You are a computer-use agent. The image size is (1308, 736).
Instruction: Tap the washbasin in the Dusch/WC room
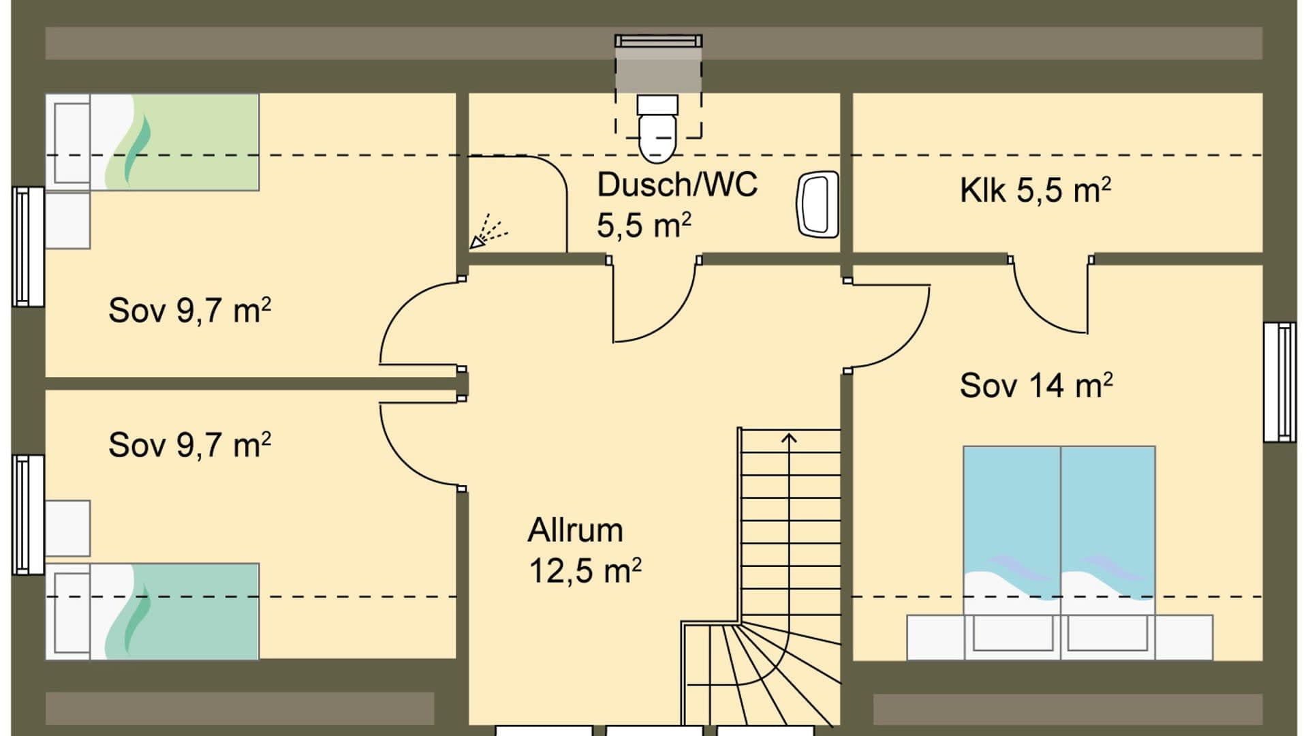coord(817,204)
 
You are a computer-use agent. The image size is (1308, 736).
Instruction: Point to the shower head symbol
coord(488,232)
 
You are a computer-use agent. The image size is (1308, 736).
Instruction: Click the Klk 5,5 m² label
coord(1035,190)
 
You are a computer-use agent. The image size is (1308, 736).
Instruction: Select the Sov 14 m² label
coord(1035,386)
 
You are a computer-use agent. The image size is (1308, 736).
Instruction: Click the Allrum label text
coord(575,530)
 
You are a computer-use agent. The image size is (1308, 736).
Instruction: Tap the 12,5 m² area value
coord(585,570)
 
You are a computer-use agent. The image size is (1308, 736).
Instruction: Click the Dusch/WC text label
coord(676,185)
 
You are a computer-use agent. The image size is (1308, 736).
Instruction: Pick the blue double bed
coord(1059,525)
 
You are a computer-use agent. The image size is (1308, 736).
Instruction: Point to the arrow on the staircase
coord(789,440)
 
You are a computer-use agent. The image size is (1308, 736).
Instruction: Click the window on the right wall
coord(1279,382)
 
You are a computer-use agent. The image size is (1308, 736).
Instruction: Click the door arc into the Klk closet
coord(1049,300)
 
